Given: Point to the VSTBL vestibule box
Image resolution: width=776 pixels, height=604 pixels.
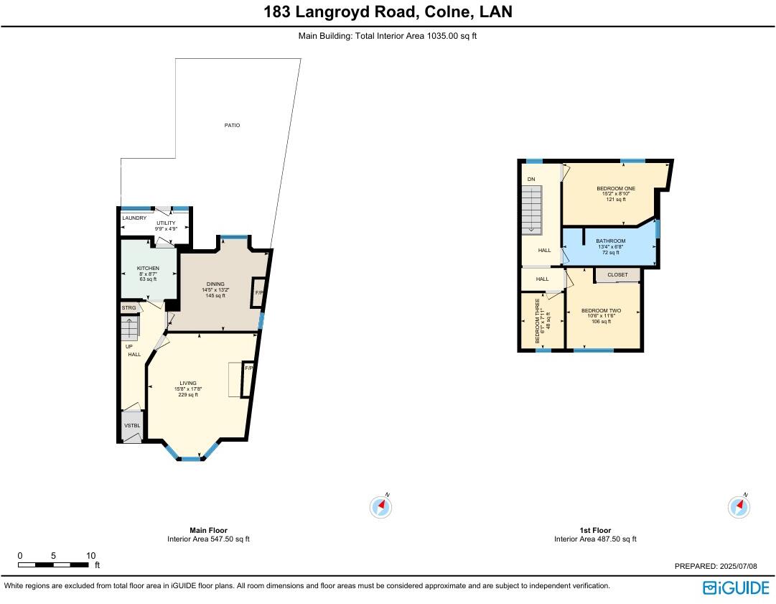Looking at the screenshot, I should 132,425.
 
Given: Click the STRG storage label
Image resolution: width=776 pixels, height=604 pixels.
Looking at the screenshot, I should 128,307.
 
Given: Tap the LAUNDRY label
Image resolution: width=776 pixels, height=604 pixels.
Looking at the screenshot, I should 134,218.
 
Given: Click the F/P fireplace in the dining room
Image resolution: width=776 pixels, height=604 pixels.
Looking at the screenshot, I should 258,293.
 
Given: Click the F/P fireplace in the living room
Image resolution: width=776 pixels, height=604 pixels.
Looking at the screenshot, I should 248,368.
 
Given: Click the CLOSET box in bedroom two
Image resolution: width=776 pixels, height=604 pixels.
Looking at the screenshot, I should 617,275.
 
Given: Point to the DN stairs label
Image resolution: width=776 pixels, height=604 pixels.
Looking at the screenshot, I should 531,180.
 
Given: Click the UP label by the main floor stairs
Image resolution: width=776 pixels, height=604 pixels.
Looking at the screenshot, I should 128,346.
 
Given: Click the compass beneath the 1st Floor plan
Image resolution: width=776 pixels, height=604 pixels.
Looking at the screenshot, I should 739,507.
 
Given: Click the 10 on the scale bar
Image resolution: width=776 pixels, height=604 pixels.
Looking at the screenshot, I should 90,556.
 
